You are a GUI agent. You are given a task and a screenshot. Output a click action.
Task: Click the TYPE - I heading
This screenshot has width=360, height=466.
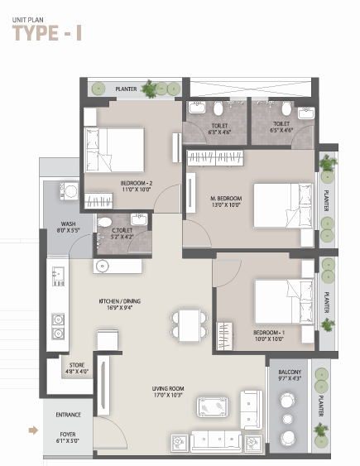(47, 32)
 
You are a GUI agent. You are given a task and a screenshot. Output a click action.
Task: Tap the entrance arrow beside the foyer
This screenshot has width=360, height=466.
(33, 430)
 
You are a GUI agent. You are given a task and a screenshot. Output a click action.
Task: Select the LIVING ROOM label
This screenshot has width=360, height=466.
(168, 388)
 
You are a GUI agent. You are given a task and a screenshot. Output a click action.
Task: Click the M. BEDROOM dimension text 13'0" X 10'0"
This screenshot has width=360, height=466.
(226, 204)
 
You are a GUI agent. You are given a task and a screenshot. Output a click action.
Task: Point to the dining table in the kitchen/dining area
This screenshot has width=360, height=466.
(190, 325)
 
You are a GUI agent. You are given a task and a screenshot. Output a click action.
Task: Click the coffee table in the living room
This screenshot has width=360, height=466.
(213, 406)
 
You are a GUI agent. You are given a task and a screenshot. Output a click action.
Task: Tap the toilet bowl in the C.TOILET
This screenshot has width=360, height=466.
(104, 222)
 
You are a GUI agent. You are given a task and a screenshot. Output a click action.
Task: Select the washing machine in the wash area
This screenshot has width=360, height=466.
(69, 191)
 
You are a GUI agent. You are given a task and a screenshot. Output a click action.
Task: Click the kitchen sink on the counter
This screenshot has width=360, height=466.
(58, 276)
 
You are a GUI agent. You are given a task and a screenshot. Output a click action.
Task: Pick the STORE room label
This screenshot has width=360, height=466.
(77, 365)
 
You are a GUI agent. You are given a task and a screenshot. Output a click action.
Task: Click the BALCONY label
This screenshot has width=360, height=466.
(290, 372)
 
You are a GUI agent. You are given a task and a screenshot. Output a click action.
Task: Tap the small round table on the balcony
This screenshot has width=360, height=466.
(287, 419)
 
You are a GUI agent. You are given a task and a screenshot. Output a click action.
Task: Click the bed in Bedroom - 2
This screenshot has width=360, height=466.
(114, 150)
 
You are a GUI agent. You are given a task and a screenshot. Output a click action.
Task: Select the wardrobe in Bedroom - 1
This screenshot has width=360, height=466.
(225, 336)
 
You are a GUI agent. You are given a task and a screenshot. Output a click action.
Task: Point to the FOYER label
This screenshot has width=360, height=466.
(68, 435)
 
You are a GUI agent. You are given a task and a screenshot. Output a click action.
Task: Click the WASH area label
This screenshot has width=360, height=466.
(69, 223)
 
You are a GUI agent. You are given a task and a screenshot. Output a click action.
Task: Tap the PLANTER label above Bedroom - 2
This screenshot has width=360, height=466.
(126, 89)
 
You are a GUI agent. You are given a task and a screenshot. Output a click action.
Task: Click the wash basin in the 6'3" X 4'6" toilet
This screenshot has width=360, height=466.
(197, 108)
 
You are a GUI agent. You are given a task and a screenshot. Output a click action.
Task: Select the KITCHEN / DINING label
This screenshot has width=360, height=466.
(120, 301)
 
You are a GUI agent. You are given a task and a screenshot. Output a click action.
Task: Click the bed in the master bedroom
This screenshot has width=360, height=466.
(283, 205)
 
